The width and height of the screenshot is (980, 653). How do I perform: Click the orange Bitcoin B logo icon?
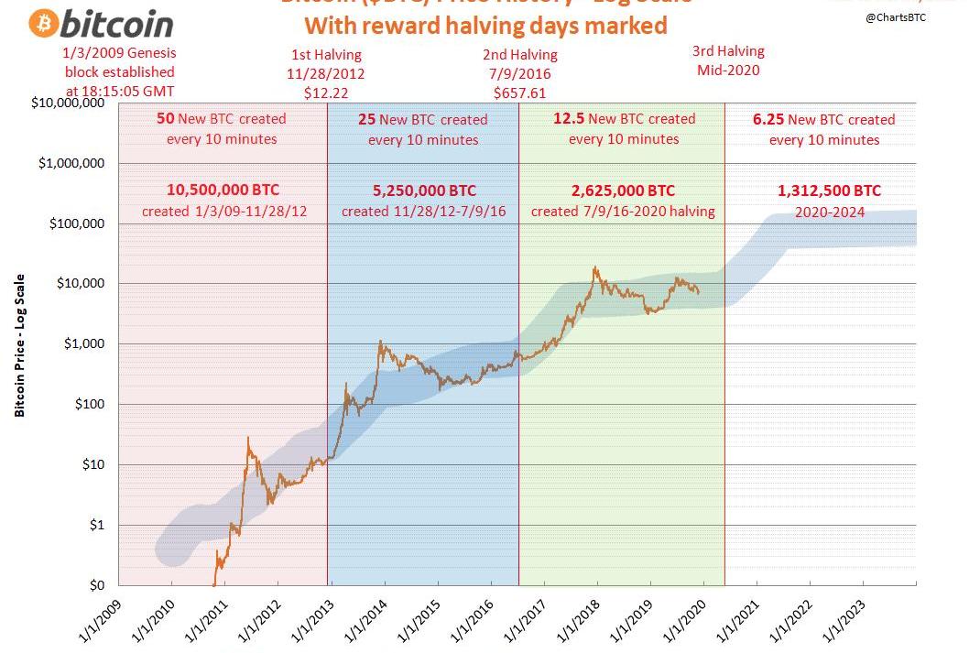click(43, 24)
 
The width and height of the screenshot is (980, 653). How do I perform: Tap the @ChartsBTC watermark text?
click(896, 18)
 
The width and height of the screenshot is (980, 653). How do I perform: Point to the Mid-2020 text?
click(728, 70)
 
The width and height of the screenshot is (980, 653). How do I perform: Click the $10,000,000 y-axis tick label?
click(67, 103)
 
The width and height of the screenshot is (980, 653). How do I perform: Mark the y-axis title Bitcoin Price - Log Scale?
click(19, 345)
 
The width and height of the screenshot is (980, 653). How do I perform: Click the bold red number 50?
click(166, 118)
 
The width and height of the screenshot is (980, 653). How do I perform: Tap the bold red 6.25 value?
click(768, 119)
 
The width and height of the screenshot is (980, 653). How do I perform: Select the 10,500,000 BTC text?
click(223, 190)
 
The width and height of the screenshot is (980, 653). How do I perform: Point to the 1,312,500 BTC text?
click(829, 190)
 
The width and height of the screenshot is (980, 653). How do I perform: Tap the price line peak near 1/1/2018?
click(596, 267)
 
